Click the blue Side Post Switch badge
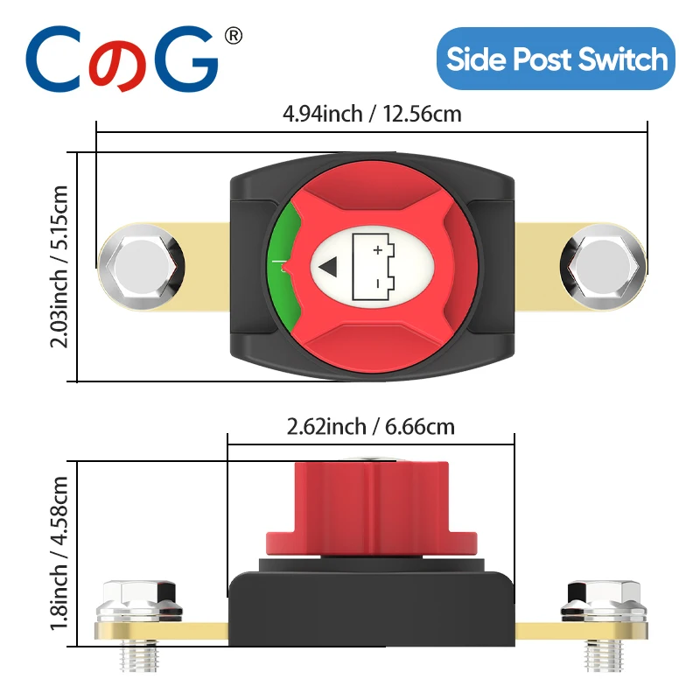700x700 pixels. pyautogui.click(x=556, y=59)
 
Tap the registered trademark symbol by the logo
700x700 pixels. pyautogui.click(x=234, y=36)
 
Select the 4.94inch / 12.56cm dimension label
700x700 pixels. pyautogui.click(x=371, y=114)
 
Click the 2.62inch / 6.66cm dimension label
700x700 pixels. pyautogui.click(x=371, y=427)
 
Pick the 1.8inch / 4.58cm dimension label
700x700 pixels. pyautogui.click(x=60, y=554)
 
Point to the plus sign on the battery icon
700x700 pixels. pyautogui.click(x=378, y=250)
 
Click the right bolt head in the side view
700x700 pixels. pyautogui.click(x=605, y=599)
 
